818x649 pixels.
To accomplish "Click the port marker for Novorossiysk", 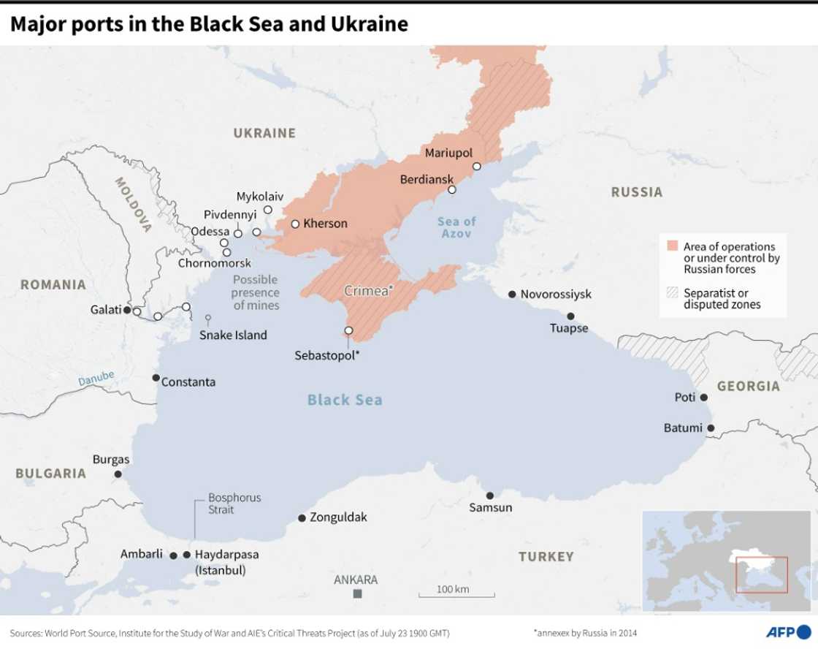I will pyautogui.click(x=512, y=294).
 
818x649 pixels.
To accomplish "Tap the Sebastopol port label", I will pyautogui.click(x=327, y=355).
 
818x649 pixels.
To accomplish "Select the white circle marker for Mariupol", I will pyautogui.click(x=476, y=167).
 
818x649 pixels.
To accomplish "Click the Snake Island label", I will pyautogui.click(x=233, y=335).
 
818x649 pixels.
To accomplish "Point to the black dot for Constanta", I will pyautogui.click(x=156, y=378).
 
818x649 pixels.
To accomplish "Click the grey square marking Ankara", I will pyautogui.click(x=357, y=594).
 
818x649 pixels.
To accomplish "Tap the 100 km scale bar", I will pyautogui.click(x=456, y=596).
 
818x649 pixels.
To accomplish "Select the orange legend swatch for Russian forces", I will pyautogui.click(x=671, y=246).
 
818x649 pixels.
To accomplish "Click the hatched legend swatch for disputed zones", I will pyautogui.click(x=671, y=293).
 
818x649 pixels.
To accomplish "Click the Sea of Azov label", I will pyautogui.click(x=456, y=227).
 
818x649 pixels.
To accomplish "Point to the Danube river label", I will pyautogui.click(x=96, y=379).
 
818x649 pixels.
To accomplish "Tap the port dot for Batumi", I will pyautogui.click(x=711, y=428).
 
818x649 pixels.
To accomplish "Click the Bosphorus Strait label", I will pyautogui.click(x=234, y=504).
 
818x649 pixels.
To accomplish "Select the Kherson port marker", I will pyautogui.click(x=295, y=224).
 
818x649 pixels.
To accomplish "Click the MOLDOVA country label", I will pyautogui.click(x=133, y=205).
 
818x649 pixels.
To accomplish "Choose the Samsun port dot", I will pyautogui.click(x=490, y=496).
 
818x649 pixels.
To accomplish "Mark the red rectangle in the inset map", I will pyautogui.click(x=761, y=575).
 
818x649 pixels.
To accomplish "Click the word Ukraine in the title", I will pyautogui.click(x=368, y=24).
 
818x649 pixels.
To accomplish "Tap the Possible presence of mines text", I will pyautogui.click(x=256, y=292).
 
